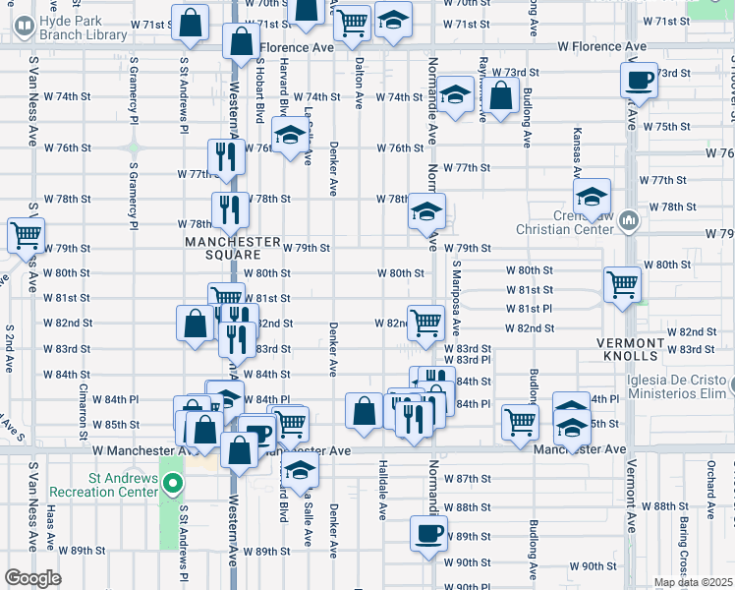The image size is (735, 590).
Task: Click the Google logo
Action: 32,578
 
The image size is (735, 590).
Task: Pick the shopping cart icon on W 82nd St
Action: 425,321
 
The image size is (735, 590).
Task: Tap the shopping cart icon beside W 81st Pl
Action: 622,283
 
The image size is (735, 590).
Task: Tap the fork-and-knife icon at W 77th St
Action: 226,155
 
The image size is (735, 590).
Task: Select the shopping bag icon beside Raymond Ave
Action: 500,95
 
